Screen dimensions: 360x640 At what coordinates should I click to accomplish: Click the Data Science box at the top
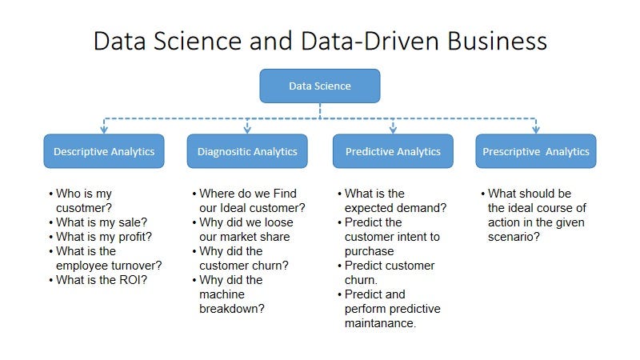319,86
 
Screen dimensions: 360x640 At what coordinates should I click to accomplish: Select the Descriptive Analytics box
104,151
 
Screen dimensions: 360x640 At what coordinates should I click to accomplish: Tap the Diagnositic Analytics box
247,151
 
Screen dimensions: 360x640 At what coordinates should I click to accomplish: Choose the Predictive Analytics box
393,151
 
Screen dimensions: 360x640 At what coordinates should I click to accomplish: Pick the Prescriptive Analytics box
535,151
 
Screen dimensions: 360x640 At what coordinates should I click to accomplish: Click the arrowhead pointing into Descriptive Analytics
103,128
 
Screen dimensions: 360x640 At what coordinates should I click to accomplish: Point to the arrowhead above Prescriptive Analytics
535,128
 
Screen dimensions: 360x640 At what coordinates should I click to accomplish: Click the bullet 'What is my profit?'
104,237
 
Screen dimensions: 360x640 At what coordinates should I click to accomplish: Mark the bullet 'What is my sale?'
102,222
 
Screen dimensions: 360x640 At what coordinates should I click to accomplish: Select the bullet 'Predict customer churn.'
390,273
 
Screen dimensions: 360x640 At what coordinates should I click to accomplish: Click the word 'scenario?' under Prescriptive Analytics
513,237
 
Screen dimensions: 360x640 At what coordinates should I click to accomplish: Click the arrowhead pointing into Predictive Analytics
393,128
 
